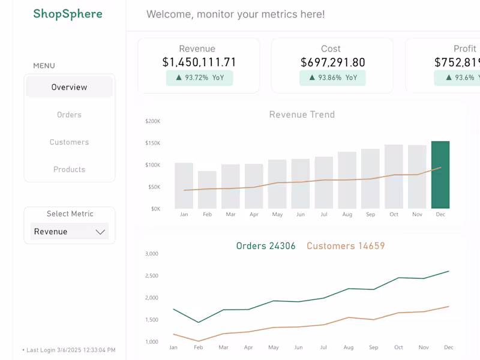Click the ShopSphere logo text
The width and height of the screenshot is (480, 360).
point(68,14)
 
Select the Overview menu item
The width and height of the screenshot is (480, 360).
point(69,87)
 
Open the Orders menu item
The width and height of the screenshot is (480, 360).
point(69,115)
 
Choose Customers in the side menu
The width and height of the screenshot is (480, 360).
point(69,142)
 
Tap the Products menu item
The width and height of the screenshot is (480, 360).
point(69,169)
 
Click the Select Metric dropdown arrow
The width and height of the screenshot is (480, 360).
point(100,232)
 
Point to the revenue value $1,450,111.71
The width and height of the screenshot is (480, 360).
point(199,62)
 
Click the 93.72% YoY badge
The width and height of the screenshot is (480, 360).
point(199,77)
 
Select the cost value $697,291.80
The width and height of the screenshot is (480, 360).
point(332,62)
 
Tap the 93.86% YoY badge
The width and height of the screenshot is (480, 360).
point(332,77)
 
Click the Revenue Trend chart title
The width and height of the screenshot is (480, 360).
point(302,115)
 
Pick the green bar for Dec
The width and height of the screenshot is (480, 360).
point(440,175)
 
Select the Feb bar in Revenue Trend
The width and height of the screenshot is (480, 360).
point(207,190)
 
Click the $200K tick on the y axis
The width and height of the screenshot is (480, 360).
point(153,121)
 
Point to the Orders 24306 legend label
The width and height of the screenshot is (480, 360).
point(266,246)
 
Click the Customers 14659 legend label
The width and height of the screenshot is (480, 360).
point(346,246)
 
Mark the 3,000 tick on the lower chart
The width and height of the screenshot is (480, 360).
point(151,254)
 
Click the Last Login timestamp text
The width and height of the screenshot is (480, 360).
point(69,350)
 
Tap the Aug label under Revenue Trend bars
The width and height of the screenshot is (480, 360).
point(347,214)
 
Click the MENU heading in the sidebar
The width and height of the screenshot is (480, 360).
point(44,66)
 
